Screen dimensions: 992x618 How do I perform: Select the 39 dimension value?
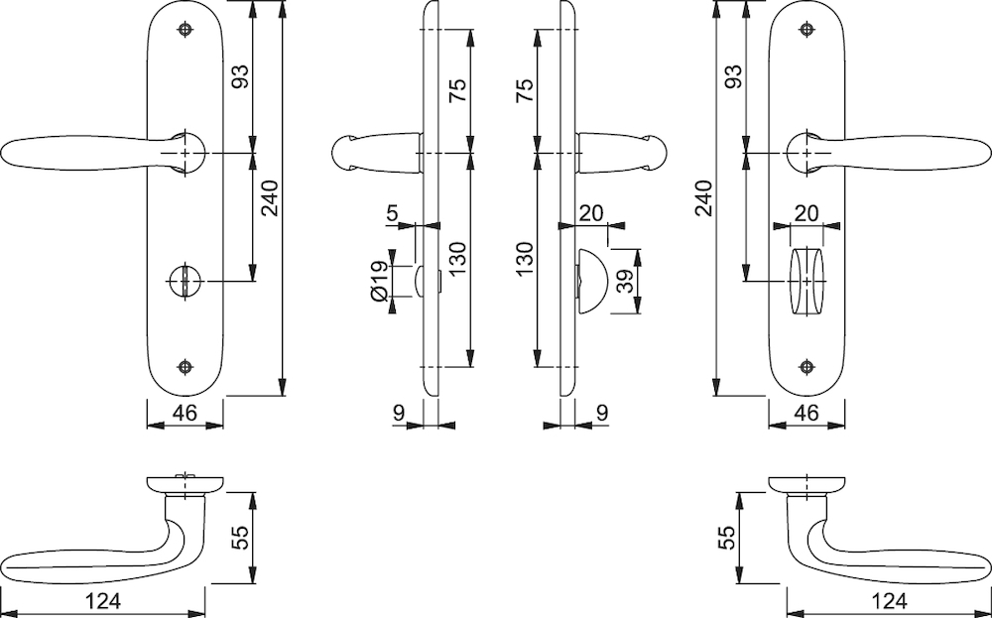[625, 281]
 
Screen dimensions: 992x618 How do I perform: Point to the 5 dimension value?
[392, 213]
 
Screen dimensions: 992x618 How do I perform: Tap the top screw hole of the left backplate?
[185, 29]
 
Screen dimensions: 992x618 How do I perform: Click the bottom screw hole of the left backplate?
[185, 367]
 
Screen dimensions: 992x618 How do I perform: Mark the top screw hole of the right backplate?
[806, 29]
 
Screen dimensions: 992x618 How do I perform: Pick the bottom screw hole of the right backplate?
[806, 367]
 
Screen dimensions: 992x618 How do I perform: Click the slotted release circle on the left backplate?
[185, 281]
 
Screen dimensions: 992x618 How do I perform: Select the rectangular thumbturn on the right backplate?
[807, 281]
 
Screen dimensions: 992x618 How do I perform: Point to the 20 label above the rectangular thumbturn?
[806, 213]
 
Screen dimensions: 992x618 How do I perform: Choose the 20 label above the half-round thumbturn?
[591, 213]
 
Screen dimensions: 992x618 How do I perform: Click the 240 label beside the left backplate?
[270, 198]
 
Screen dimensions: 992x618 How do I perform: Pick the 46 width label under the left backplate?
[185, 413]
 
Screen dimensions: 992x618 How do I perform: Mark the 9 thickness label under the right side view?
[602, 413]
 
